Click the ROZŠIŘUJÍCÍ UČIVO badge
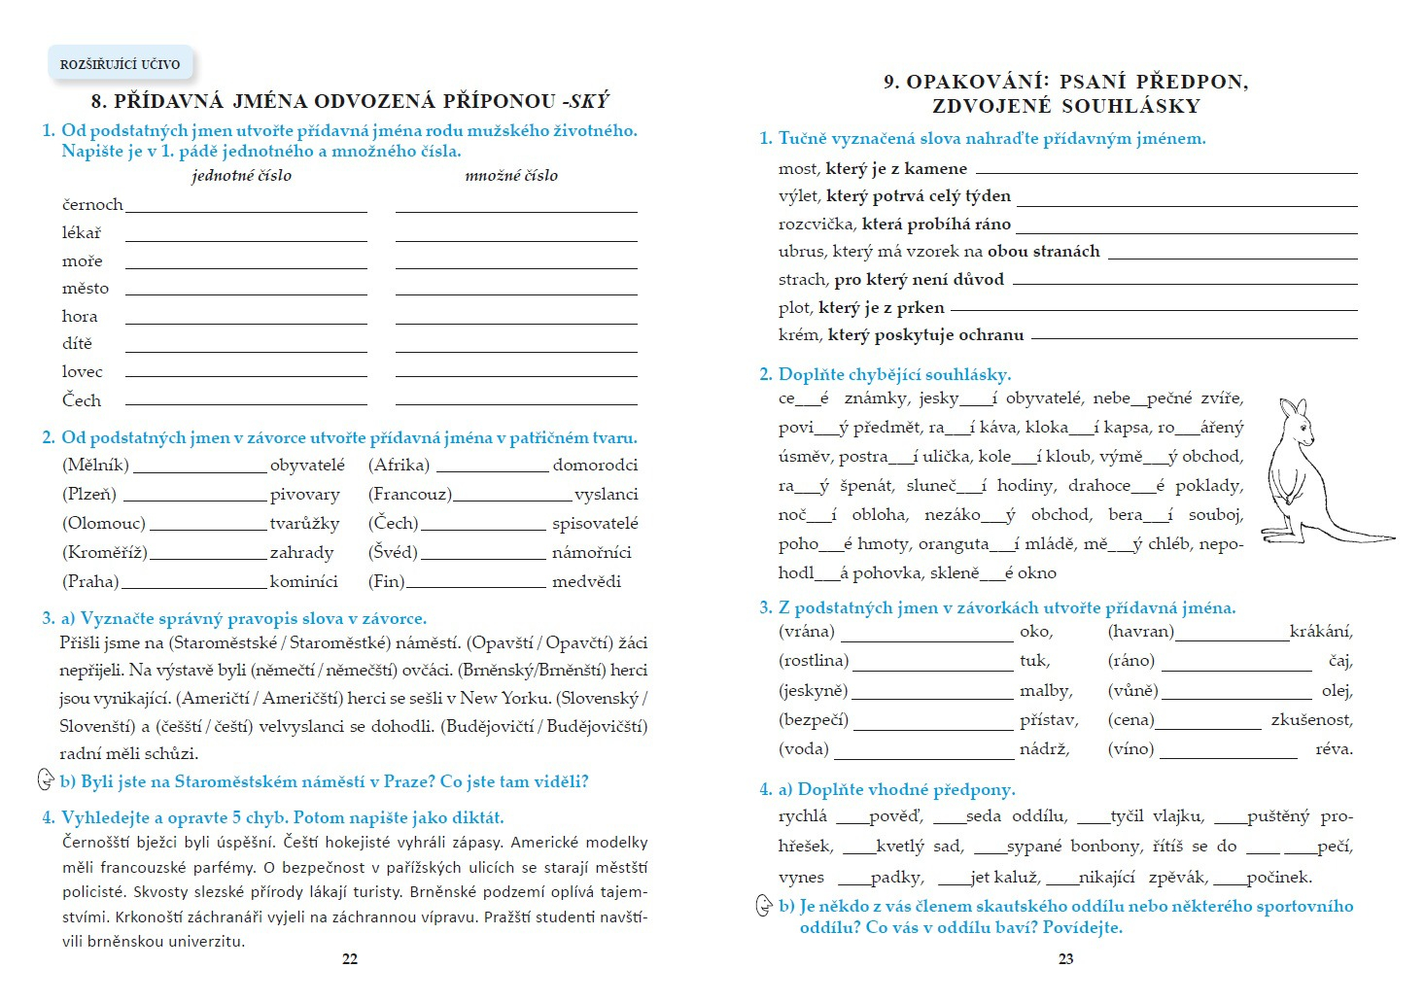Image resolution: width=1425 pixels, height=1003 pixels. (121, 64)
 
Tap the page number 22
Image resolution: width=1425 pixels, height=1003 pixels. (350, 958)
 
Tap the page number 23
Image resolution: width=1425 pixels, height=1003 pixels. (1065, 958)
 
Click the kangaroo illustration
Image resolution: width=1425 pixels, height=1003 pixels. (1312, 471)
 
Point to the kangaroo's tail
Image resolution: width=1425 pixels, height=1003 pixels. (1361, 536)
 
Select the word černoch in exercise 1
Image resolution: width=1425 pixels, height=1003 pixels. (92, 205)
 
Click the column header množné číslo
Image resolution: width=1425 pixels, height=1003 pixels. (511, 176)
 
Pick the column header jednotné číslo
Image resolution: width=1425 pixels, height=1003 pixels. (241, 176)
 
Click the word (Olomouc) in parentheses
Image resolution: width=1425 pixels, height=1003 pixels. (104, 524)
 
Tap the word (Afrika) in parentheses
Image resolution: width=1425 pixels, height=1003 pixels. (399, 466)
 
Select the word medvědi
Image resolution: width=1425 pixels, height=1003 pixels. (586, 582)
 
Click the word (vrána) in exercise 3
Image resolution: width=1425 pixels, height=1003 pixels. (807, 632)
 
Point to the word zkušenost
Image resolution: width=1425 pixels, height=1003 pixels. (1311, 720)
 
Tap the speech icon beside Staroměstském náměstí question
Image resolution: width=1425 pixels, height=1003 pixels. (46, 780)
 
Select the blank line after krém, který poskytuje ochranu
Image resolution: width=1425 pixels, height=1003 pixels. (1194, 337)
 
